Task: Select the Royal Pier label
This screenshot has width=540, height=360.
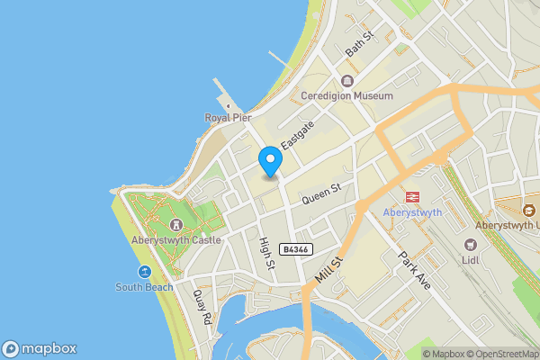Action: [x=228, y=117]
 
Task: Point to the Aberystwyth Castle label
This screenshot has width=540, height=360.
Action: [x=177, y=240]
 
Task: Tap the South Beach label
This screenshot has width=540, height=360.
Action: [x=143, y=287]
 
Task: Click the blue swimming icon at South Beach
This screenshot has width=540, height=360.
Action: [x=144, y=272]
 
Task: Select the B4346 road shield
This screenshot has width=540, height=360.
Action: [x=295, y=249]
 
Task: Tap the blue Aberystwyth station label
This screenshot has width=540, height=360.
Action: [x=412, y=212]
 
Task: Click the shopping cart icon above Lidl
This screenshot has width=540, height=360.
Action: [x=470, y=245]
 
